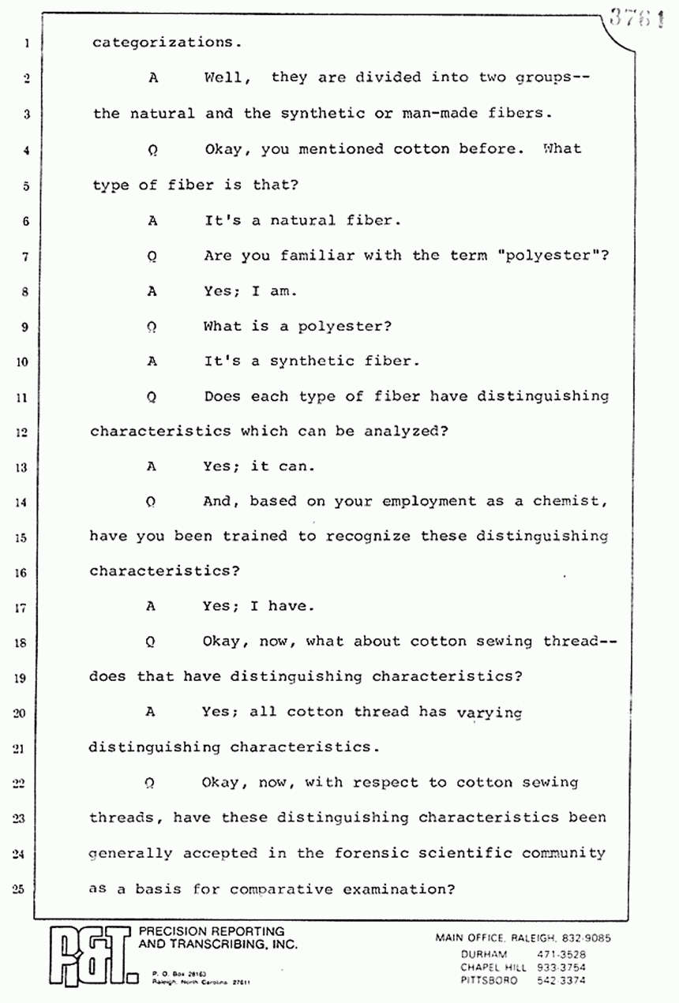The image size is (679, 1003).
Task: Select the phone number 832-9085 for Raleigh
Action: pyautogui.click(x=585, y=938)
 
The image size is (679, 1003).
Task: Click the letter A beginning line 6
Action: pyautogui.click(x=152, y=221)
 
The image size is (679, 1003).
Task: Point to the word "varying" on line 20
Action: pyautogui.click(x=490, y=713)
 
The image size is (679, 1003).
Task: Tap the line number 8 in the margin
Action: pyautogui.click(x=24, y=291)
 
